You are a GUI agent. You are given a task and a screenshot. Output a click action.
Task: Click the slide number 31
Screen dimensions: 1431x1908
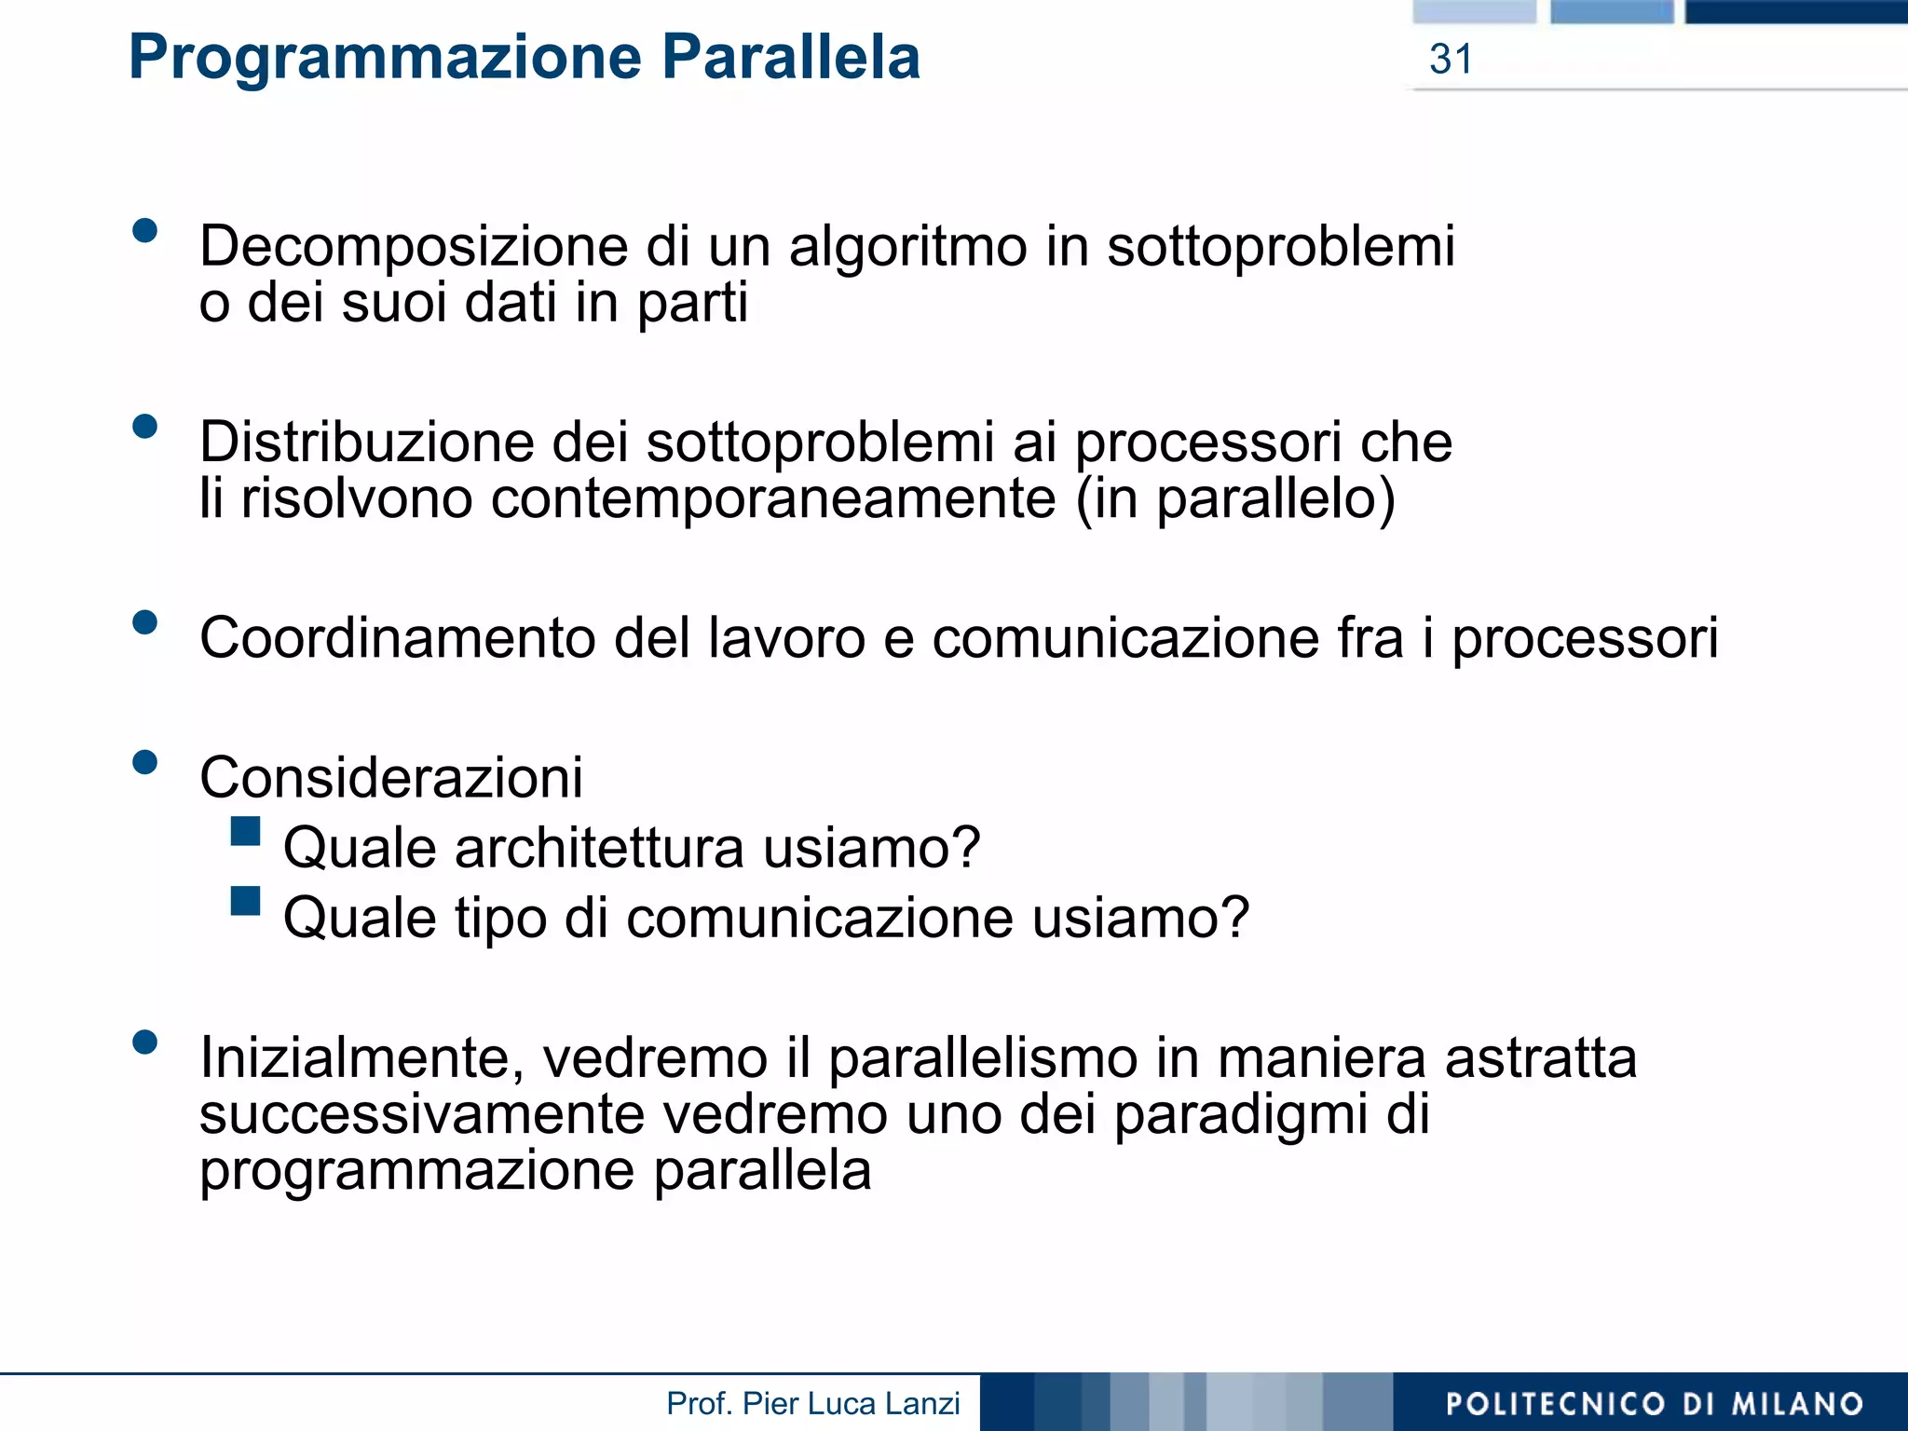coord(1451,60)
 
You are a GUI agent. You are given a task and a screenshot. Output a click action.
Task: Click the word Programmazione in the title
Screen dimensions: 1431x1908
coord(385,58)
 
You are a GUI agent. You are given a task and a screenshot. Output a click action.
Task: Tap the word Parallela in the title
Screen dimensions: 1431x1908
coord(791,58)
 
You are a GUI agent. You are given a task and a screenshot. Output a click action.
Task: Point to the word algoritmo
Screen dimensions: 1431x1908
coord(907,247)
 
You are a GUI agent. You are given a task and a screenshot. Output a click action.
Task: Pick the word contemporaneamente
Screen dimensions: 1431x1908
coord(772,498)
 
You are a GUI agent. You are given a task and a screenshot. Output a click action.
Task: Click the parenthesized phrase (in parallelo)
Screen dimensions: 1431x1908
coord(1234,498)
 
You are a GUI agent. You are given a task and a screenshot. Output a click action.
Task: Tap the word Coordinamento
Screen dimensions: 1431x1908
coord(398,638)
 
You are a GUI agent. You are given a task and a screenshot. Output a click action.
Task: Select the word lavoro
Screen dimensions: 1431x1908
coord(786,638)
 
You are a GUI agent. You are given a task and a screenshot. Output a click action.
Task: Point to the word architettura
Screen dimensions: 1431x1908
coord(599,848)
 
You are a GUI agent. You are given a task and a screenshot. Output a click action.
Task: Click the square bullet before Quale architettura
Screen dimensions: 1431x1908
coord(245,830)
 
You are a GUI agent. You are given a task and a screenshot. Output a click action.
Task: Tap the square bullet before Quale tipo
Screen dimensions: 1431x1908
coord(245,900)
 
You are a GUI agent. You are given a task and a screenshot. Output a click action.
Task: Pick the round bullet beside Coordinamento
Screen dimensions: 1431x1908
coord(145,621)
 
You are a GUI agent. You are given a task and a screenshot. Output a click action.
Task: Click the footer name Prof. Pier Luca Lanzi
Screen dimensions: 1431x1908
coord(812,1403)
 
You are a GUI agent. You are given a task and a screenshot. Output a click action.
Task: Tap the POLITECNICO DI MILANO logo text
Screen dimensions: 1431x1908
coord(1654,1404)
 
